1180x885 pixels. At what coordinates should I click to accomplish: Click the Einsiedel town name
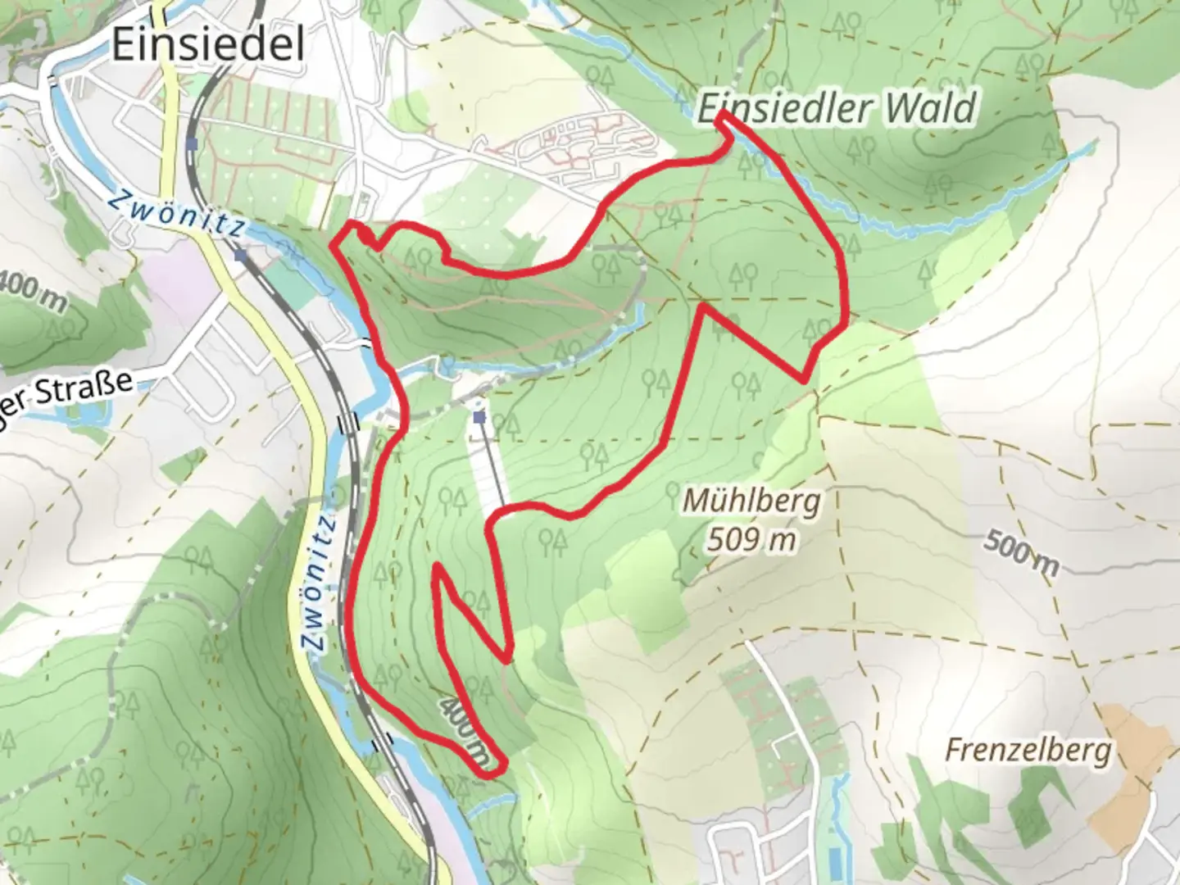point(207,43)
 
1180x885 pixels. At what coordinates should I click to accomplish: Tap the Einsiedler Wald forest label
point(836,108)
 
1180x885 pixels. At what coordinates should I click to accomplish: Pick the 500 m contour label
point(1021,551)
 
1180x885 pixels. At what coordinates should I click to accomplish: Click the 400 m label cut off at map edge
point(31,291)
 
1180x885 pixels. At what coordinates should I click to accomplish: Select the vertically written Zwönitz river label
point(320,583)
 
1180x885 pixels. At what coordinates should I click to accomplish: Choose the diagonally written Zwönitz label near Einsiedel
point(176,214)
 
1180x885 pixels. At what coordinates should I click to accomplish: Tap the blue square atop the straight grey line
point(479,419)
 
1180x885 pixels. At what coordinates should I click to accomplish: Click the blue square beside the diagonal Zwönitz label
point(240,255)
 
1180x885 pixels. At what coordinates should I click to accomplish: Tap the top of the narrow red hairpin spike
point(439,566)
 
